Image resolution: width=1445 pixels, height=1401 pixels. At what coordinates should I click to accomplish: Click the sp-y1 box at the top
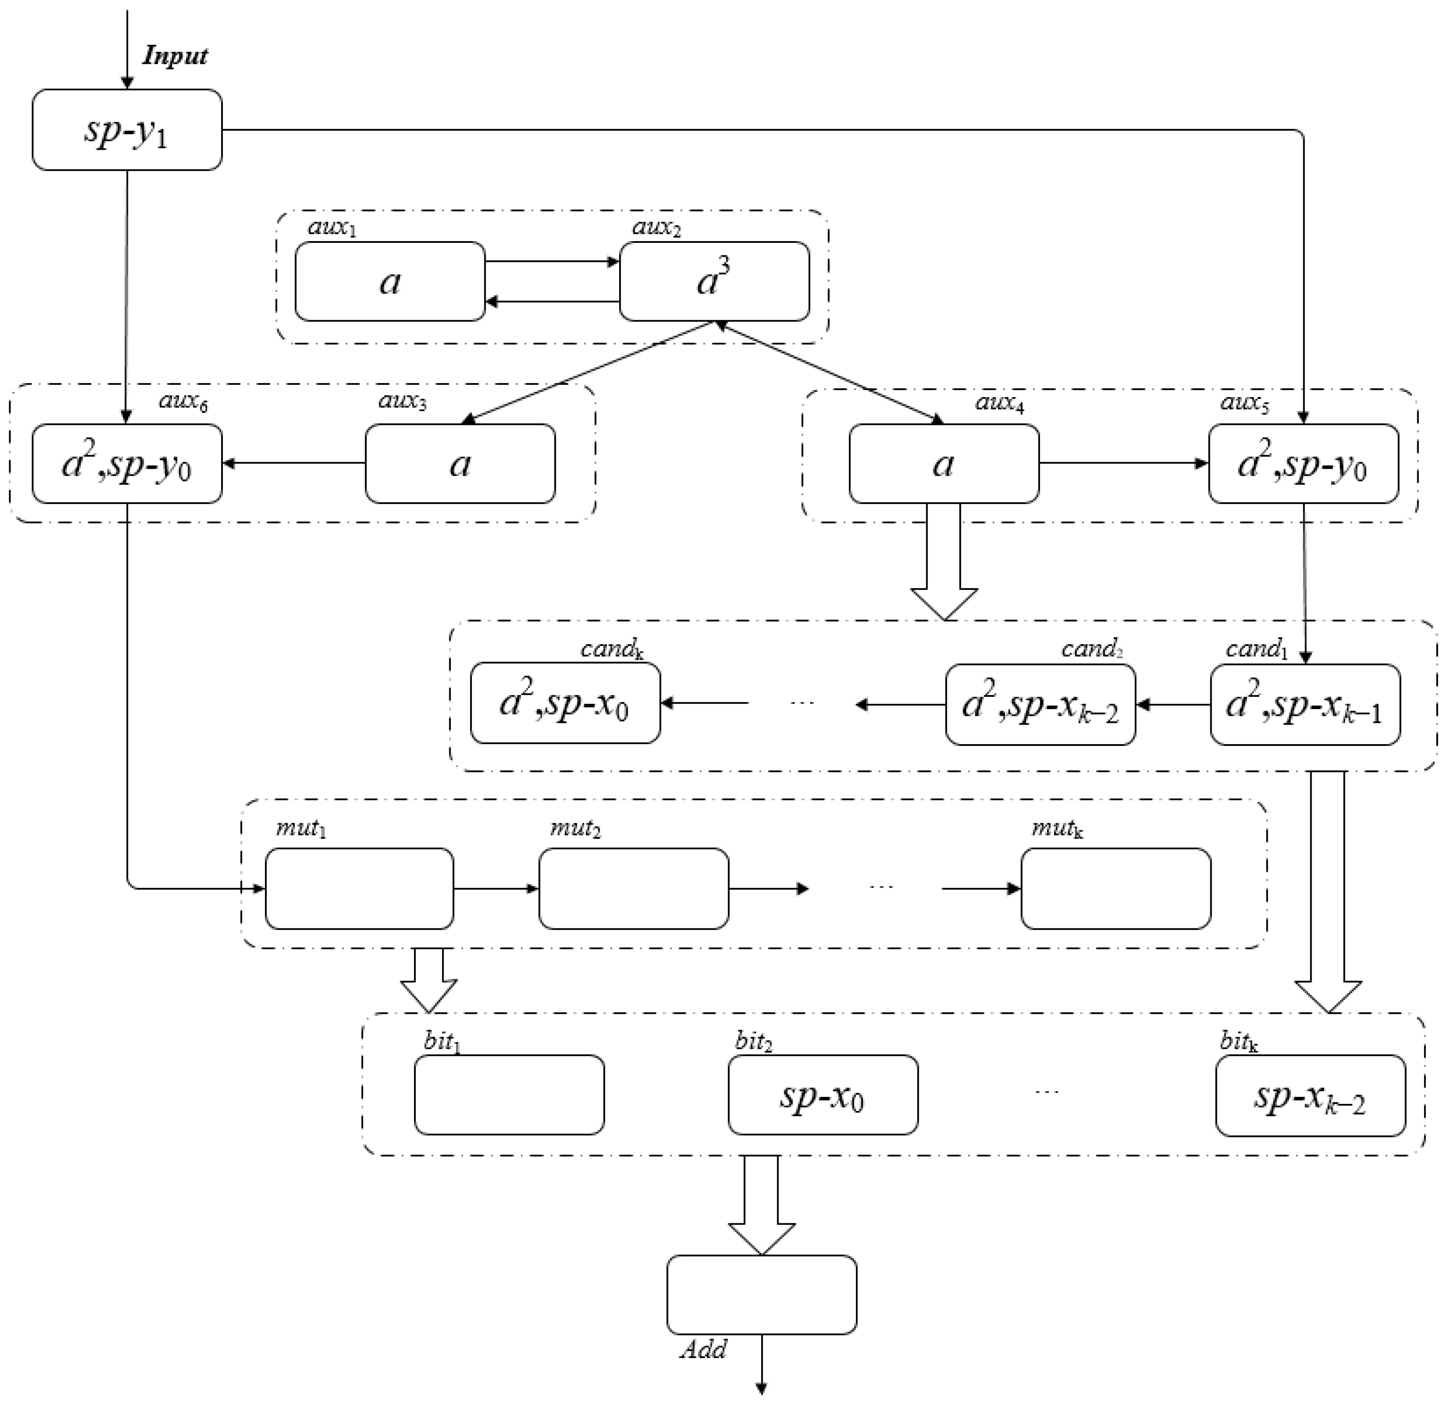(127, 130)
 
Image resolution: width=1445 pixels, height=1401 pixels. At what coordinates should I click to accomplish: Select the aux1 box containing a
(390, 282)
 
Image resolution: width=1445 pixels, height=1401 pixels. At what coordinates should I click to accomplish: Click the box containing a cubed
(714, 282)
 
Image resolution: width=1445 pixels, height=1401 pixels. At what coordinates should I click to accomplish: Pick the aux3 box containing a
(460, 464)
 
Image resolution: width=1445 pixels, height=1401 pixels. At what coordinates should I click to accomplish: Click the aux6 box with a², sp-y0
(127, 464)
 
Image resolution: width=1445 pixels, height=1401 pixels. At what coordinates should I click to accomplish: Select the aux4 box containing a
(944, 464)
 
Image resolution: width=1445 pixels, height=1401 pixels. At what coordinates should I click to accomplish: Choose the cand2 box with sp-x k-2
(1040, 704)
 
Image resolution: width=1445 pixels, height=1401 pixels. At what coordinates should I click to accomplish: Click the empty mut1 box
(359, 888)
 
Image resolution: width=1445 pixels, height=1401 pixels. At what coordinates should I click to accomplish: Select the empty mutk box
(1115, 888)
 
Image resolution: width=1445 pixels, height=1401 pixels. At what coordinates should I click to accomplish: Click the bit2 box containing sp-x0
(823, 1095)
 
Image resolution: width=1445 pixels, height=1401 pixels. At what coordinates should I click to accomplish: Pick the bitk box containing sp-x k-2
(1310, 1095)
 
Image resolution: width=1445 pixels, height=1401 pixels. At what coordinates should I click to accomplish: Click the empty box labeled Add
(762, 1295)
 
